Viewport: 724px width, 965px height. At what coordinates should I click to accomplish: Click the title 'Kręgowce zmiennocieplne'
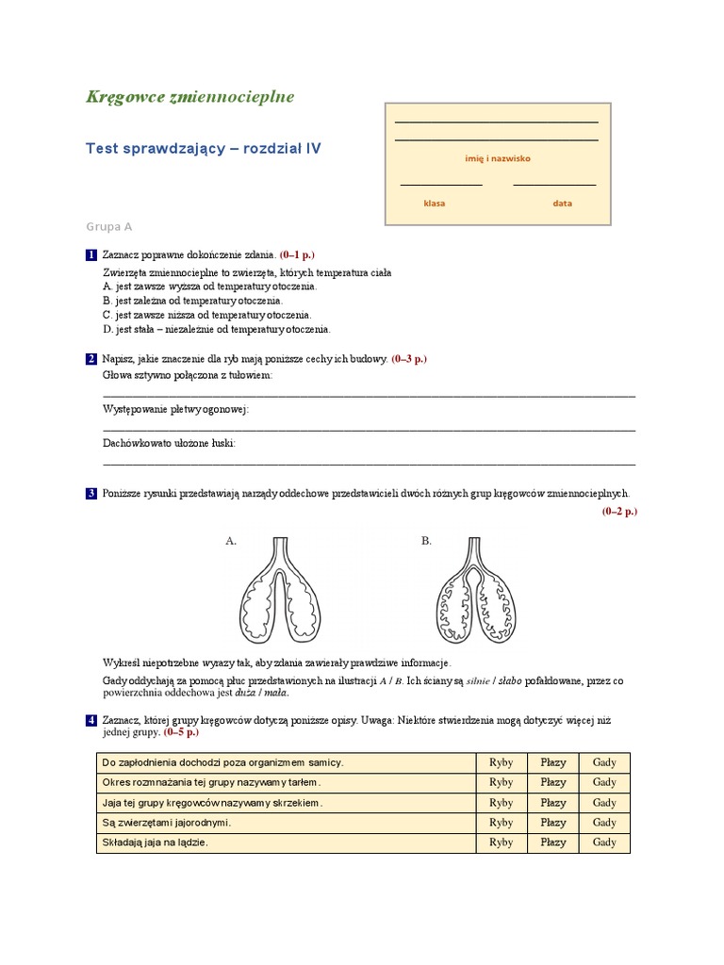[x=189, y=96]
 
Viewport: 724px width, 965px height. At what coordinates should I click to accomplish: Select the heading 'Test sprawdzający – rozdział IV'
[x=203, y=149]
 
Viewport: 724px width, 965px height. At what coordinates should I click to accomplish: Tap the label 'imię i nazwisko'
[x=498, y=158]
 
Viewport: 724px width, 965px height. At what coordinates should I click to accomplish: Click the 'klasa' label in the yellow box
[x=435, y=203]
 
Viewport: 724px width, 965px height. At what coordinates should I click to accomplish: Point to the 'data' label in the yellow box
[x=562, y=203]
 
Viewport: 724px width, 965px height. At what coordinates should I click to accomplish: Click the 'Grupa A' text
[x=109, y=227]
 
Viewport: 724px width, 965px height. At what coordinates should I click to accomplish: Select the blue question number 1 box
[x=91, y=255]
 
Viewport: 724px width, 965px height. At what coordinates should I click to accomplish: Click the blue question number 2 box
[x=91, y=359]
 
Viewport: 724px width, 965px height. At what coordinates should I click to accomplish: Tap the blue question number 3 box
[x=91, y=493]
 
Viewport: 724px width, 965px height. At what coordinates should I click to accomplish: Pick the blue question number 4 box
[x=91, y=720]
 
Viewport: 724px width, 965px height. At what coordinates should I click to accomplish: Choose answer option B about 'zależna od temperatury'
[x=192, y=301]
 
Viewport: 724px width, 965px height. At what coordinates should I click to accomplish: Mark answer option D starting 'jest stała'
[x=216, y=330]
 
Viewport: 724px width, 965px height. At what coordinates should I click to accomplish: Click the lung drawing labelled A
[x=280, y=594]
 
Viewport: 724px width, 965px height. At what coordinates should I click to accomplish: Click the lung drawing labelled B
[x=475, y=594]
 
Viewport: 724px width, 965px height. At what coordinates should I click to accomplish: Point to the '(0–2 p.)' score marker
[x=619, y=511]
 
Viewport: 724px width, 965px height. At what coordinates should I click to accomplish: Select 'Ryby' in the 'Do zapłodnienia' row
[x=502, y=762]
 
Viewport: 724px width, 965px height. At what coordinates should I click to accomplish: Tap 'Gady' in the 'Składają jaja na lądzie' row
[x=603, y=842]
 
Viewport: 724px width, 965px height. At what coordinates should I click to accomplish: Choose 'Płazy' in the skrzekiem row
[x=553, y=803]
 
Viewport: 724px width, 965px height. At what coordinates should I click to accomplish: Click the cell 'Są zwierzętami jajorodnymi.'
[x=166, y=823]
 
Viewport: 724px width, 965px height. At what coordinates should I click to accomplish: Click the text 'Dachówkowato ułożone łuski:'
[x=169, y=442]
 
